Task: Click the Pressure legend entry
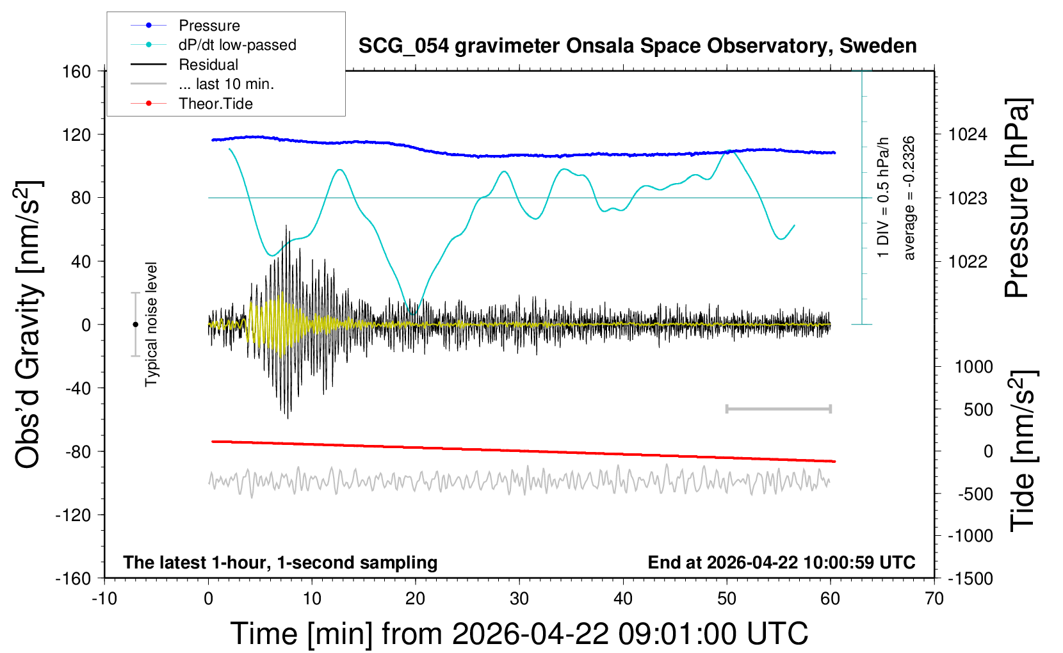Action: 209,26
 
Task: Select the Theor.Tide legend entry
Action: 215,104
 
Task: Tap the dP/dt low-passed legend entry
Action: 237,45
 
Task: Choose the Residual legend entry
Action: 208,65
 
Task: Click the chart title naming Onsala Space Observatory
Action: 637,46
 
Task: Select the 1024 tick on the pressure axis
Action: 967,134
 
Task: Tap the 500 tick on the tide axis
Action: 978,409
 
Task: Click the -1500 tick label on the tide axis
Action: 970,579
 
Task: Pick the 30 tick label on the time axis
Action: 519,599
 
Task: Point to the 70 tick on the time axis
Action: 934,599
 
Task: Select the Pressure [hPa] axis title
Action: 1017,198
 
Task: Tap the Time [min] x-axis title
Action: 519,634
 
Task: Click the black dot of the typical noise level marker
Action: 135,325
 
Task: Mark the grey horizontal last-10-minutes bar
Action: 778,408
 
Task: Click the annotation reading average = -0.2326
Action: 909,198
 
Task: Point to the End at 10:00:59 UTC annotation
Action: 781,563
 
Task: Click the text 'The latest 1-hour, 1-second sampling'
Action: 280,563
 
